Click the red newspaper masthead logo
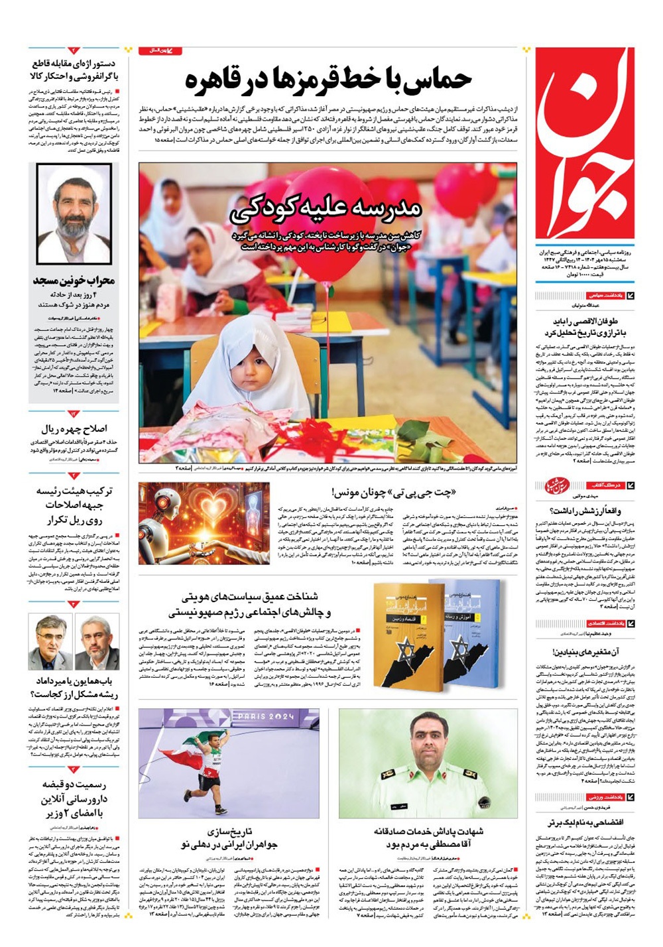584,143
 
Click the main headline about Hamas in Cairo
328,80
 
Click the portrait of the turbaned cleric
74,212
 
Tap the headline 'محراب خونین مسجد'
74,281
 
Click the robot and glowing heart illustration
204,523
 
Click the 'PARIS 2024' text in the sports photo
265,716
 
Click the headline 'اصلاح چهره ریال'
74,428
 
